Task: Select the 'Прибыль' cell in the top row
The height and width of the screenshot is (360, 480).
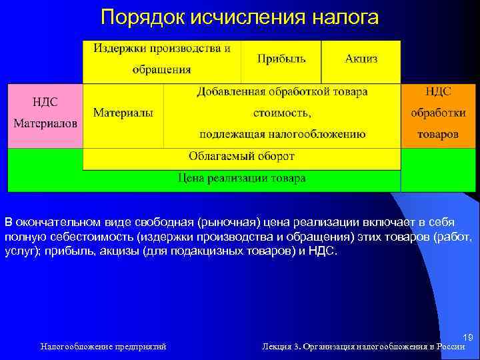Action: [x=281, y=59]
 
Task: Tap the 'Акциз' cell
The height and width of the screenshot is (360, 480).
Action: [x=361, y=59]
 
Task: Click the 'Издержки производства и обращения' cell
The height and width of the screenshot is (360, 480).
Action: [x=161, y=59]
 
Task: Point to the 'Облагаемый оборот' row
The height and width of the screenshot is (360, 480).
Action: [x=241, y=157]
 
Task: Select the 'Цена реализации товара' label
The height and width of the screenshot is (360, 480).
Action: [x=241, y=178]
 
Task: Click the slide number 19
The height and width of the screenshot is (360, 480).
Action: [x=467, y=338]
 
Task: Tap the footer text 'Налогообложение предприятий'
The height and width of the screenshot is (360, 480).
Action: [x=103, y=347]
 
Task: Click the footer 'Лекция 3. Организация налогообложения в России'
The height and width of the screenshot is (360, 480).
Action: [x=363, y=347]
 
